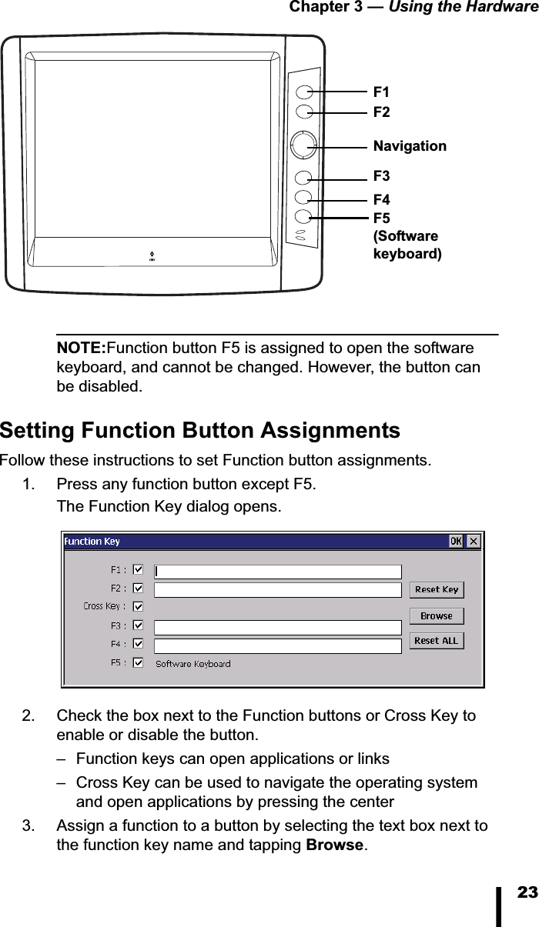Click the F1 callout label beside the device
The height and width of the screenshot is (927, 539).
[381, 92]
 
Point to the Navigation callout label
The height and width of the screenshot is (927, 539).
[409, 145]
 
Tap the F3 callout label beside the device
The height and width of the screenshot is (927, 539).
[381, 178]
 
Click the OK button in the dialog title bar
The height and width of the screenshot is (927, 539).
[456, 542]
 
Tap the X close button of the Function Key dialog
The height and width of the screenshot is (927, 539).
[474, 542]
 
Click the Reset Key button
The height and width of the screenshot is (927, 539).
[437, 590]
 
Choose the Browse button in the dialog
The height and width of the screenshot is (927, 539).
[437, 616]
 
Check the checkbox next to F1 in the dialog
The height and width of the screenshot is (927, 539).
[139, 570]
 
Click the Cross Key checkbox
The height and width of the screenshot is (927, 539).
[139, 606]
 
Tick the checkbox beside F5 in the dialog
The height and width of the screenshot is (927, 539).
[139, 662]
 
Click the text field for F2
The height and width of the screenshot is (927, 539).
[278, 590]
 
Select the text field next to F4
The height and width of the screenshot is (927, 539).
[278, 646]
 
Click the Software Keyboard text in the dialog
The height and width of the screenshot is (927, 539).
[192, 664]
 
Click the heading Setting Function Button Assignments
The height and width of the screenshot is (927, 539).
[200, 430]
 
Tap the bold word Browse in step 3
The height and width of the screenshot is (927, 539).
[334, 845]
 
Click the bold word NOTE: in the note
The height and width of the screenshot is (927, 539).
[82, 348]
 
